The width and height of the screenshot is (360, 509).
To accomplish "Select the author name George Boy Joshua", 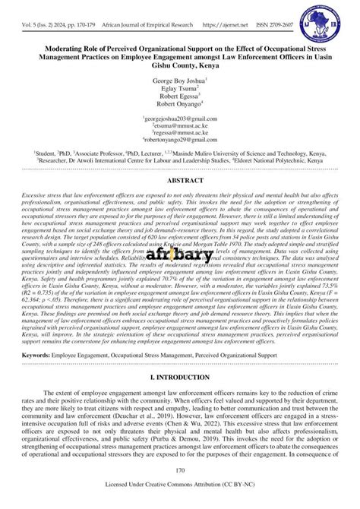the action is pyautogui.click(x=179, y=79).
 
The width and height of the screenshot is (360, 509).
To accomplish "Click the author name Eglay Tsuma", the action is pyautogui.click(x=179, y=88).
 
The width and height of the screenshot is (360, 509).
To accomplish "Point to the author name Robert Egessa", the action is pyautogui.click(x=179, y=97).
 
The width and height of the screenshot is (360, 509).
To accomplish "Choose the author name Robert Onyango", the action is pyautogui.click(x=179, y=106).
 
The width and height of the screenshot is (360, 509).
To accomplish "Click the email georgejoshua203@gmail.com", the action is pyautogui.click(x=180, y=120).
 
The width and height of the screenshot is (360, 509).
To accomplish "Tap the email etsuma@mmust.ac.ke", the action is pyautogui.click(x=180, y=127).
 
